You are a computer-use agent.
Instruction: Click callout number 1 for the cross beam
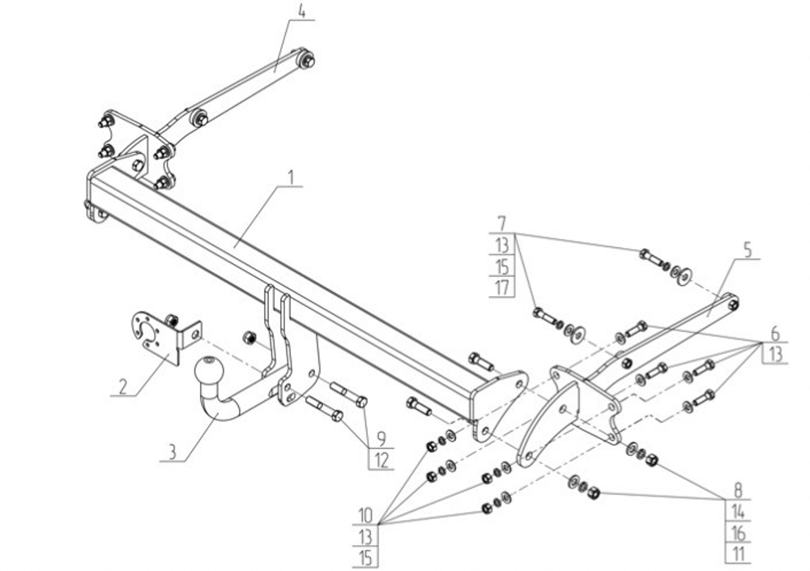click(x=292, y=176)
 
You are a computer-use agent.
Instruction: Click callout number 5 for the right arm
click(x=747, y=252)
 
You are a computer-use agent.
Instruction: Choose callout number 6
click(x=774, y=333)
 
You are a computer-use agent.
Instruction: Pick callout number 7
click(x=501, y=222)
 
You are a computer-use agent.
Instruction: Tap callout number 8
click(x=737, y=490)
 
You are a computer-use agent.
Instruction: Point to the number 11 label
click(x=737, y=554)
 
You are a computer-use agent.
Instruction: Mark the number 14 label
click(x=737, y=511)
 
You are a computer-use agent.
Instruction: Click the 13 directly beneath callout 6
click(x=774, y=354)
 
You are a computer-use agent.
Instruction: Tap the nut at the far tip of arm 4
click(x=308, y=59)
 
